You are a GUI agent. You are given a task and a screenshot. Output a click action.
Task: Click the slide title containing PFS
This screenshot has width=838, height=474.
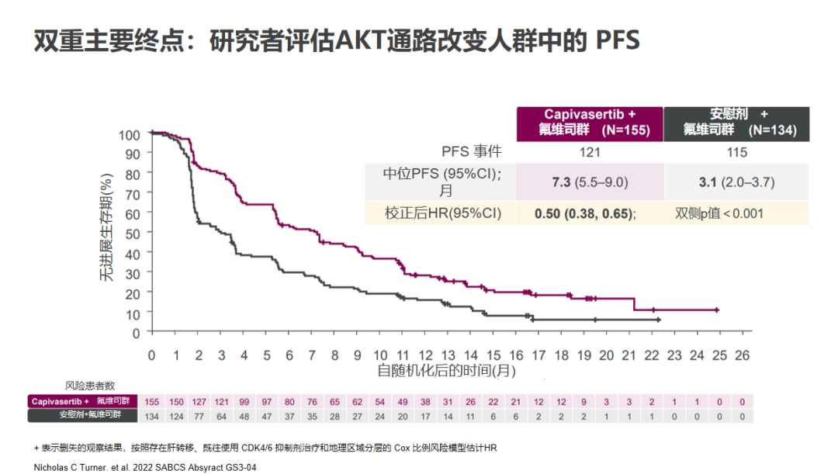[x=337, y=41]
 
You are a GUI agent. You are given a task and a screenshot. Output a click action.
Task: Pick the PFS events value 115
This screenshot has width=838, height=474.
[x=736, y=152]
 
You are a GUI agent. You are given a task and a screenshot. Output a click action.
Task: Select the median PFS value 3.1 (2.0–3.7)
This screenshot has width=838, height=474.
[x=737, y=182]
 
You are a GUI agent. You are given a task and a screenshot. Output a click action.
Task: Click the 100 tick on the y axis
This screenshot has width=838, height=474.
[x=130, y=134]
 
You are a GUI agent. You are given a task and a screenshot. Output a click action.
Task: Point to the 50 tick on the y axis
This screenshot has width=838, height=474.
[x=133, y=233]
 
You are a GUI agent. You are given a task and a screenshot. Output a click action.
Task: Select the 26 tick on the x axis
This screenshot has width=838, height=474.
[x=742, y=355]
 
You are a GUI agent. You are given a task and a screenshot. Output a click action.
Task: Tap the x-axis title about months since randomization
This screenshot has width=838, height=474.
[x=446, y=371]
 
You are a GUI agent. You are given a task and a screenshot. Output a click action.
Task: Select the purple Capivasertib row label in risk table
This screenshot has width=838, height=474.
[x=81, y=401]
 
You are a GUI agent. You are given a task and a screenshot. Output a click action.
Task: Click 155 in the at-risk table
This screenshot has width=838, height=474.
[x=152, y=401]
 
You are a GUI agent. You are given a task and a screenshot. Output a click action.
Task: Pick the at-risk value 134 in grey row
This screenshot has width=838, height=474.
[x=152, y=416]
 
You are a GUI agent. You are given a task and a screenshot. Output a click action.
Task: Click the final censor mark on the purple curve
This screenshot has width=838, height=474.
[x=717, y=310]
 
